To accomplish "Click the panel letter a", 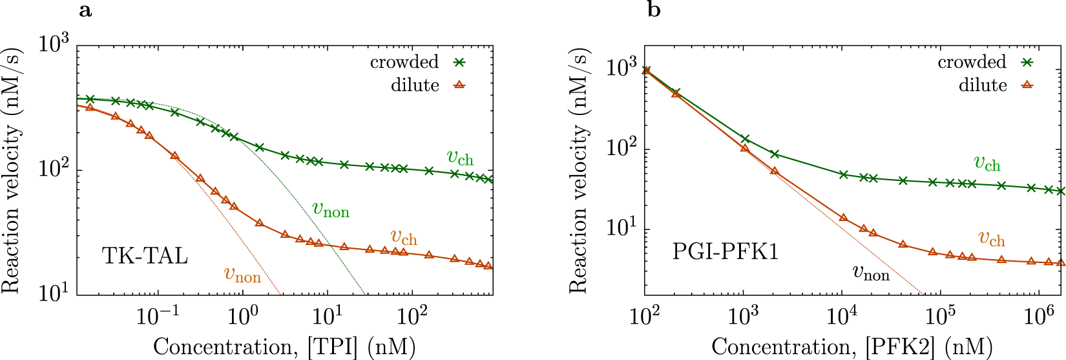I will (x=85, y=10).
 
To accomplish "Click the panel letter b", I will (x=654, y=10).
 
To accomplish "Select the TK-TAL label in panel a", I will (x=145, y=257).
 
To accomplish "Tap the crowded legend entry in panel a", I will (x=404, y=62).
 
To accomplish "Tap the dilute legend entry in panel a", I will (x=415, y=85).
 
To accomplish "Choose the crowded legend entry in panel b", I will (x=972, y=62).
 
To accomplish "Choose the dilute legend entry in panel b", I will (x=983, y=85).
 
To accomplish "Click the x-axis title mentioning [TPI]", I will (x=284, y=347).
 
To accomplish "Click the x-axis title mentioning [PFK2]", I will (x=852, y=347).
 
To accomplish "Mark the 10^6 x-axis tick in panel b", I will (x=1038, y=316).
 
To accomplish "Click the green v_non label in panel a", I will (x=331, y=209).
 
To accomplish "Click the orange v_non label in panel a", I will (x=242, y=275).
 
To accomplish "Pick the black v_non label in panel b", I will (x=871, y=273).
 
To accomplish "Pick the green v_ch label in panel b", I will (x=987, y=164).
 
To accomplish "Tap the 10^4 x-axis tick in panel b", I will (x=842, y=316).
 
